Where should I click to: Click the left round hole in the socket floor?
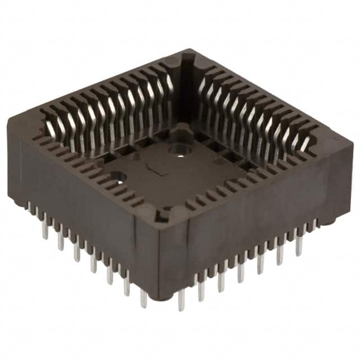pyautogui.click(x=118, y=175)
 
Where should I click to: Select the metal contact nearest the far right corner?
pyautogui.click(x=307, y=143)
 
